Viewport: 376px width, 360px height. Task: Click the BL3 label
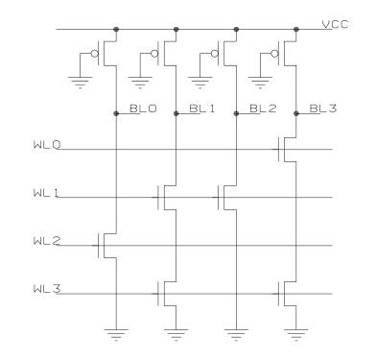coord(321,110)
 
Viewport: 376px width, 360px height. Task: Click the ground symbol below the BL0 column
coord(115,335)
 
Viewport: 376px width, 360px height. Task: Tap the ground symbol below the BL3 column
coord(295,335)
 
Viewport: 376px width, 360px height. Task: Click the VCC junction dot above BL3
coord(295,29)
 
